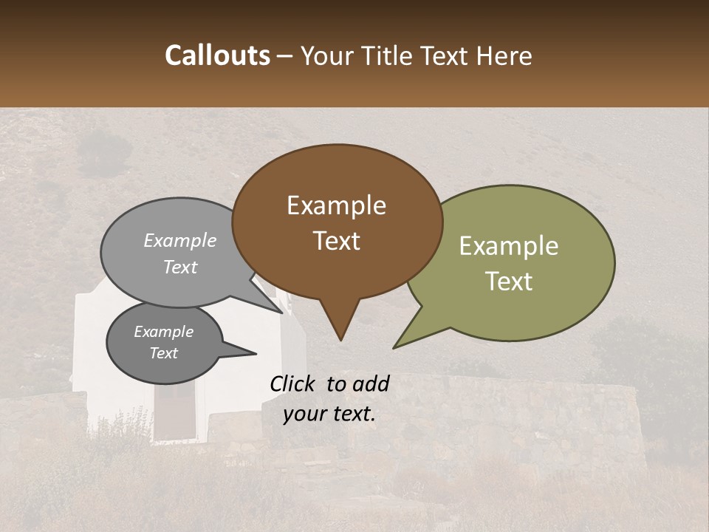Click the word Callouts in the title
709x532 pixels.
tap(217, 55)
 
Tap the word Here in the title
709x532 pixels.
tap(504, 55)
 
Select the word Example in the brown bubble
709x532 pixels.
tap(336, 205)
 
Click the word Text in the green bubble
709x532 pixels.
tap(509, 282)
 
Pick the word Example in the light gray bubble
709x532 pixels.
tap(179, 241)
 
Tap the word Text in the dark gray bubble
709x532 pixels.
tap(163, 353)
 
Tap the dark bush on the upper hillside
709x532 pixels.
tap(104, 152)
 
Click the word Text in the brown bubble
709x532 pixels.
tap(337, 241)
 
